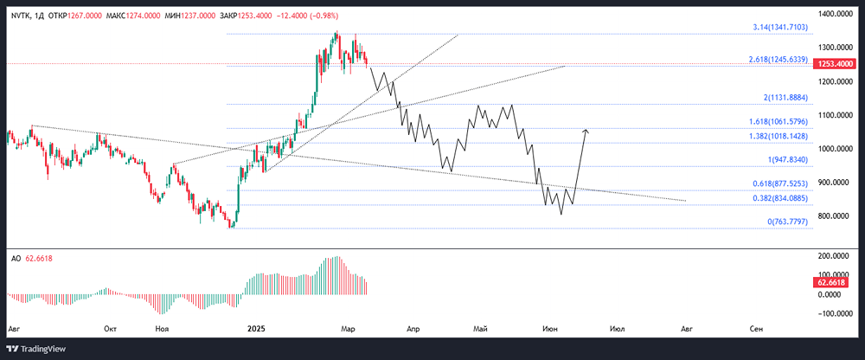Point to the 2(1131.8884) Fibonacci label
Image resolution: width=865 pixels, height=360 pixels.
784,99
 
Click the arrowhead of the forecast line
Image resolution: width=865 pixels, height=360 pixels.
586,131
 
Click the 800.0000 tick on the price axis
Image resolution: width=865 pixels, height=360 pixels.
838,216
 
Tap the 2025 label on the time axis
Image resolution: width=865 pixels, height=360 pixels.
256,329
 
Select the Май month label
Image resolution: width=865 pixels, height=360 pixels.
481,329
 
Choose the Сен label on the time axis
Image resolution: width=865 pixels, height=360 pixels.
757,329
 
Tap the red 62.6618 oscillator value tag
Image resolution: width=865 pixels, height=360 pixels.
834,283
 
